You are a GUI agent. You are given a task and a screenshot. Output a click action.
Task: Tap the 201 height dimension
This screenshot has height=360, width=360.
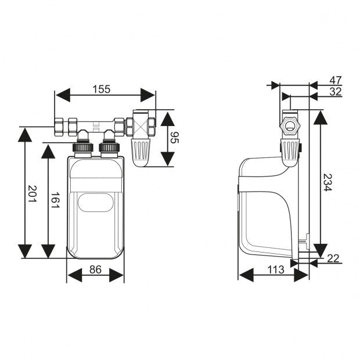point(33,193)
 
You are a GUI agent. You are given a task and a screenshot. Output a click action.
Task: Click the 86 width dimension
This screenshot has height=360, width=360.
point(95,269)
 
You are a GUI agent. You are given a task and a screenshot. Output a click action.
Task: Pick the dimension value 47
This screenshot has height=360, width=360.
point(335,80)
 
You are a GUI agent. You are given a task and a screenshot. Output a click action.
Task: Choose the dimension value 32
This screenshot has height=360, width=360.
point(335,92)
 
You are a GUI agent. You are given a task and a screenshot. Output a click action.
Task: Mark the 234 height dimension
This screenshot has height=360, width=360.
point(327,183)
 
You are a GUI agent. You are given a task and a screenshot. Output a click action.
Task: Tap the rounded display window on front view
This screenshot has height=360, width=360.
point(96,203)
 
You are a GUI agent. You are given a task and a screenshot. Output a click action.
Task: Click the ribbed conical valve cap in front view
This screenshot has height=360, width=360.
point(142,152)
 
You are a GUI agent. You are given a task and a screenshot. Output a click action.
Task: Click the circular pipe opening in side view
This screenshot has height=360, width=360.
point(290,127)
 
